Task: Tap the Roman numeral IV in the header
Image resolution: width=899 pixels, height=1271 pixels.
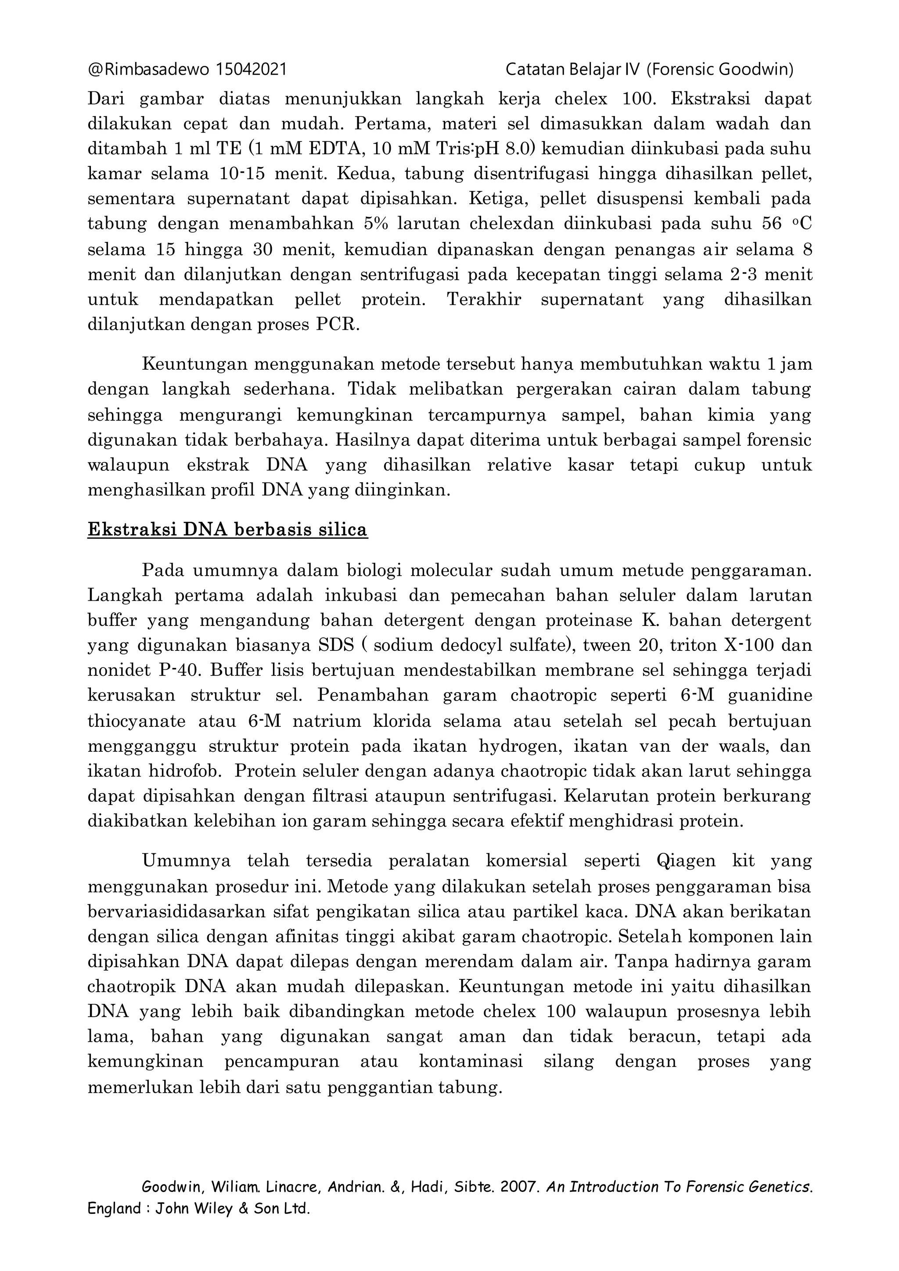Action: [x=631, y=70]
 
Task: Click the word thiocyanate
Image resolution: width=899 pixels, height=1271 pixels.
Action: [x=136, y=721]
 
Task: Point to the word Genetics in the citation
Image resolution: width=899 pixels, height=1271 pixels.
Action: [x=780, y=1187]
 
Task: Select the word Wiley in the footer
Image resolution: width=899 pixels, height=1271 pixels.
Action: [x=212, y=1209]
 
